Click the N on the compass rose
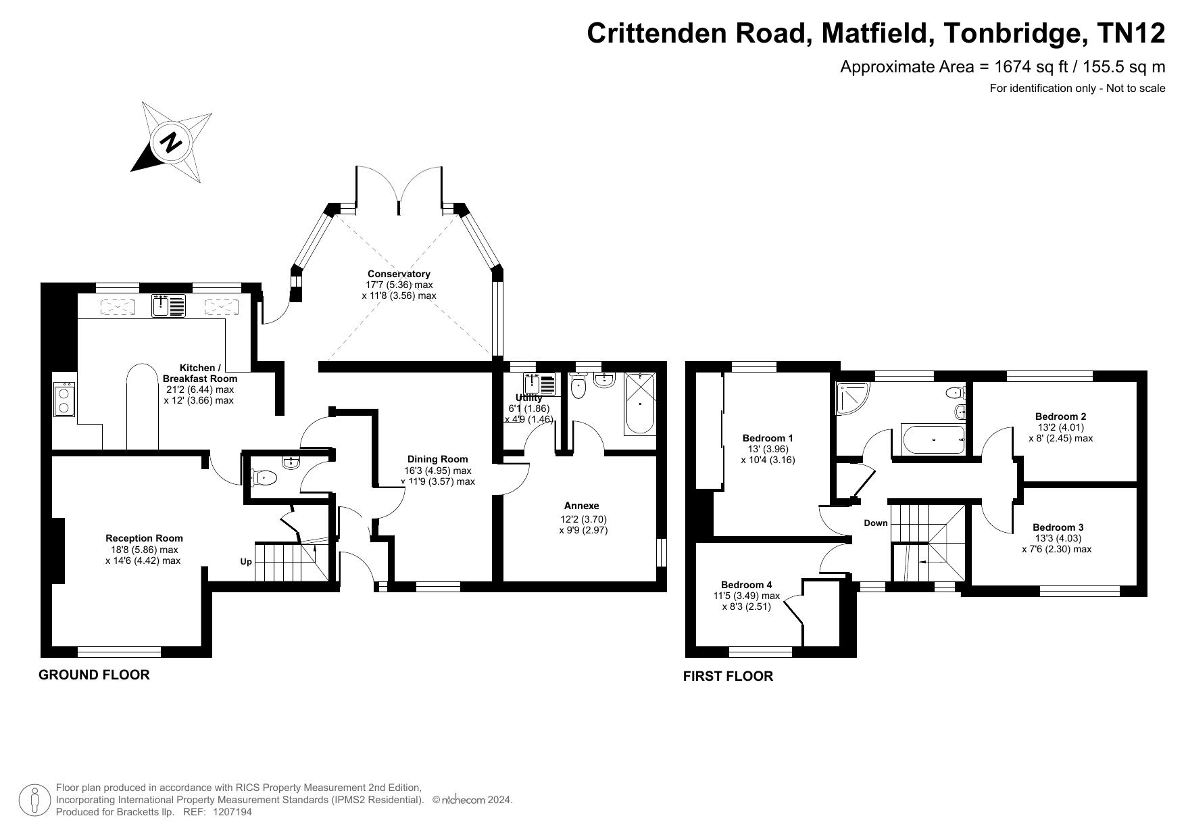(171, 142)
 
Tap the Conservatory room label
(399, 274)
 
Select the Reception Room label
(144, 538)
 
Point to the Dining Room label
(437, 459)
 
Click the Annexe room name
(582, 506)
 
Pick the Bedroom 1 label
(768, 438)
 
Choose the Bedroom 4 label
(746, 585)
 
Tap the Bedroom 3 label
(1058, 527)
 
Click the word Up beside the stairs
(246, 562)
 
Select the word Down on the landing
(876, 523)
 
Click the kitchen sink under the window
(168, 306)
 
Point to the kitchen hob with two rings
(65, 400)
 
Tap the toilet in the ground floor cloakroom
(264, 479)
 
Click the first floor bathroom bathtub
(933, 440)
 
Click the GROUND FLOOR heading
(94, 675)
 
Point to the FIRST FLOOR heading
(728, 676)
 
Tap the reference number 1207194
(232, 812)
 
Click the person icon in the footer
(34, 800)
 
